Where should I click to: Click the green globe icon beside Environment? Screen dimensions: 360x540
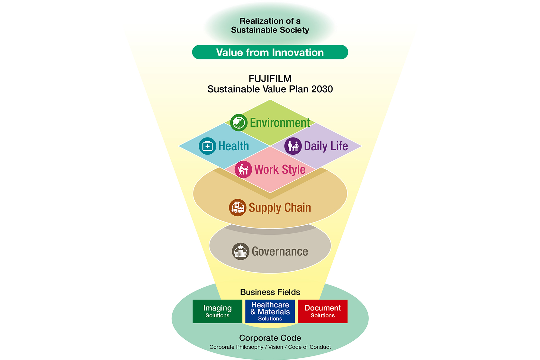click(239, 122)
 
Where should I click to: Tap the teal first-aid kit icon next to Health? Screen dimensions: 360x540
click(207, 146)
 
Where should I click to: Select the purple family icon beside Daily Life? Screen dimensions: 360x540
click(293, 146)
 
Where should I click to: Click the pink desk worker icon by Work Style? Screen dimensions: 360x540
click(243, 169)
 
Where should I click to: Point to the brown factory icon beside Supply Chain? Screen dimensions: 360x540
click(238, 207)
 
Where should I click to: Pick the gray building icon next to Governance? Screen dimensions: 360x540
click(240, 251)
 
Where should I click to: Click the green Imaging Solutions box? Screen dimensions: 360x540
click(217, 311)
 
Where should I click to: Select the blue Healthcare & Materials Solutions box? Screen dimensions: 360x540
click(270, 311)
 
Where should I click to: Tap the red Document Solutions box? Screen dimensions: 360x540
click(322, 311)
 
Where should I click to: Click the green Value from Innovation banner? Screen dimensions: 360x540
click(270, 52)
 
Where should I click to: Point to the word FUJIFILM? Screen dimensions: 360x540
click(270, 79)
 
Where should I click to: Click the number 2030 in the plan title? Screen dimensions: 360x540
click(322, 89)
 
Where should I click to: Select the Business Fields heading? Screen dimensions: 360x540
click(270, 292)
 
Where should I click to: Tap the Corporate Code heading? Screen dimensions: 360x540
click(270, 338)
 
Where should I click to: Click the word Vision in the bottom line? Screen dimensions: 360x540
click(275, 347)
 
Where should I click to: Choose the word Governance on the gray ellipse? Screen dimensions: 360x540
click(280, 251)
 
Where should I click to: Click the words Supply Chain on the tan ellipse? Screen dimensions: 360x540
click(280, 208)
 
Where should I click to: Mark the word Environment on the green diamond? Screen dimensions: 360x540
click(280, 123)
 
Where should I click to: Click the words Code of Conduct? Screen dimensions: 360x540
click(309, 347)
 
